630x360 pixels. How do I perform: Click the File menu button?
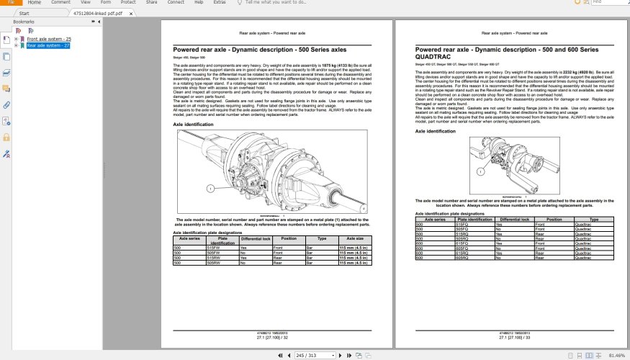(x=10, y=3)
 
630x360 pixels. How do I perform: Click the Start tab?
(x=24, y=13)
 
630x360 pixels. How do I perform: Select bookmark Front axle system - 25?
(x=49, y=38)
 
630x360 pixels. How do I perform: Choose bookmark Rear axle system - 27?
(x=48, y=45)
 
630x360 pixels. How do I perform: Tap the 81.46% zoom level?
(x=616, y=355)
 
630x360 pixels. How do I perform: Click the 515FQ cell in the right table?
(x=465, y=225)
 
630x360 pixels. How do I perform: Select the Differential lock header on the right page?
(x=514, y=219)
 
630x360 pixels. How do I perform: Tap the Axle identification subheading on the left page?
(x=193, y=125)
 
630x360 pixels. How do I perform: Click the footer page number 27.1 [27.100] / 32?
(x=272, y=337)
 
